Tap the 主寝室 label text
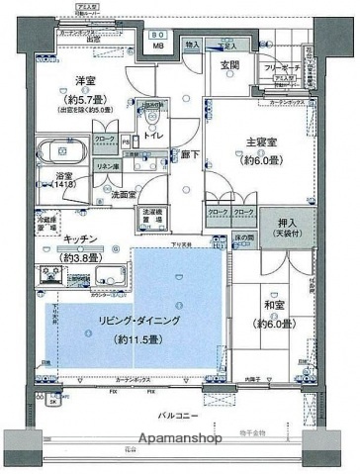253,142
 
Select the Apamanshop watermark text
179,438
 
